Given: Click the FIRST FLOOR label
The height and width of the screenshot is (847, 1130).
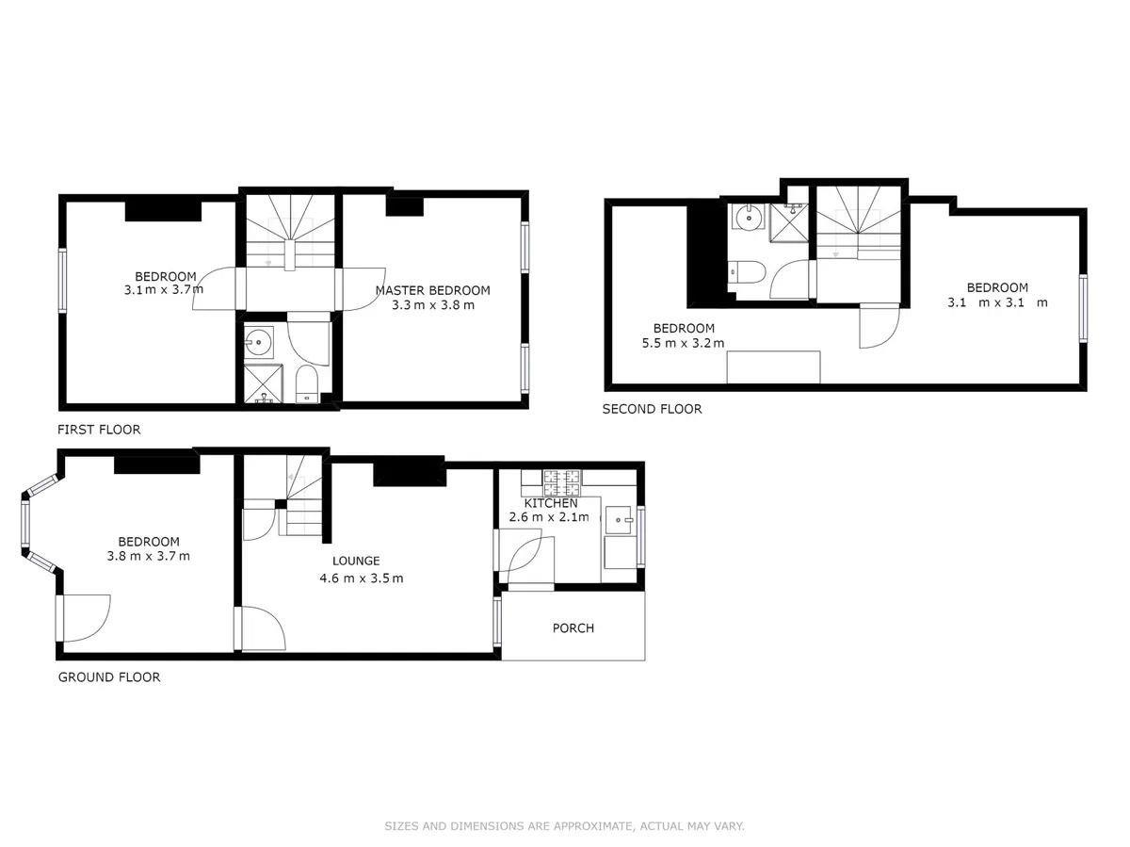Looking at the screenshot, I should point(99,430).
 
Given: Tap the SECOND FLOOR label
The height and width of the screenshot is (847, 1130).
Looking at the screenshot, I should point(652,409).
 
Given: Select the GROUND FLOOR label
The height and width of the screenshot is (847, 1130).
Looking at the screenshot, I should point(109,676).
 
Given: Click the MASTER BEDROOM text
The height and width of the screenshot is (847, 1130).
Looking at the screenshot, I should point(432,290).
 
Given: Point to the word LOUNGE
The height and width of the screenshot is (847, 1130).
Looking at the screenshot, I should point(356,561).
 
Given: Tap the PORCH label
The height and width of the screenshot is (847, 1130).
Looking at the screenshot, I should point(573,628).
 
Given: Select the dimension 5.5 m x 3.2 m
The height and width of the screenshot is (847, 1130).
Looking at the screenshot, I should point(684,343).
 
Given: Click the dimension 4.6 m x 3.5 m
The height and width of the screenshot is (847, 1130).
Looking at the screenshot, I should point(361,578).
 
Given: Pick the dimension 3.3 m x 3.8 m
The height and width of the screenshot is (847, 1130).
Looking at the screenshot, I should point(433,305).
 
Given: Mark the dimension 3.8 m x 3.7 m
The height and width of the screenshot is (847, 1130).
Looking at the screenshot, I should point(148,556).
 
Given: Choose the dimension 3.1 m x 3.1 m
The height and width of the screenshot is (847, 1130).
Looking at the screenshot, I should point(996,302).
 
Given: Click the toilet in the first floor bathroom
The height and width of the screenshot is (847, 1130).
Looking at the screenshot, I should point(307,384).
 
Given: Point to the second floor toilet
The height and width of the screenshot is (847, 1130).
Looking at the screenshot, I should point(750,271).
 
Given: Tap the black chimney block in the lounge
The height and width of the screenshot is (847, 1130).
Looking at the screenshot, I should point(409,471).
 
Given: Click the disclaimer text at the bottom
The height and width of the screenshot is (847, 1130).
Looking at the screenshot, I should point(564,826).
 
